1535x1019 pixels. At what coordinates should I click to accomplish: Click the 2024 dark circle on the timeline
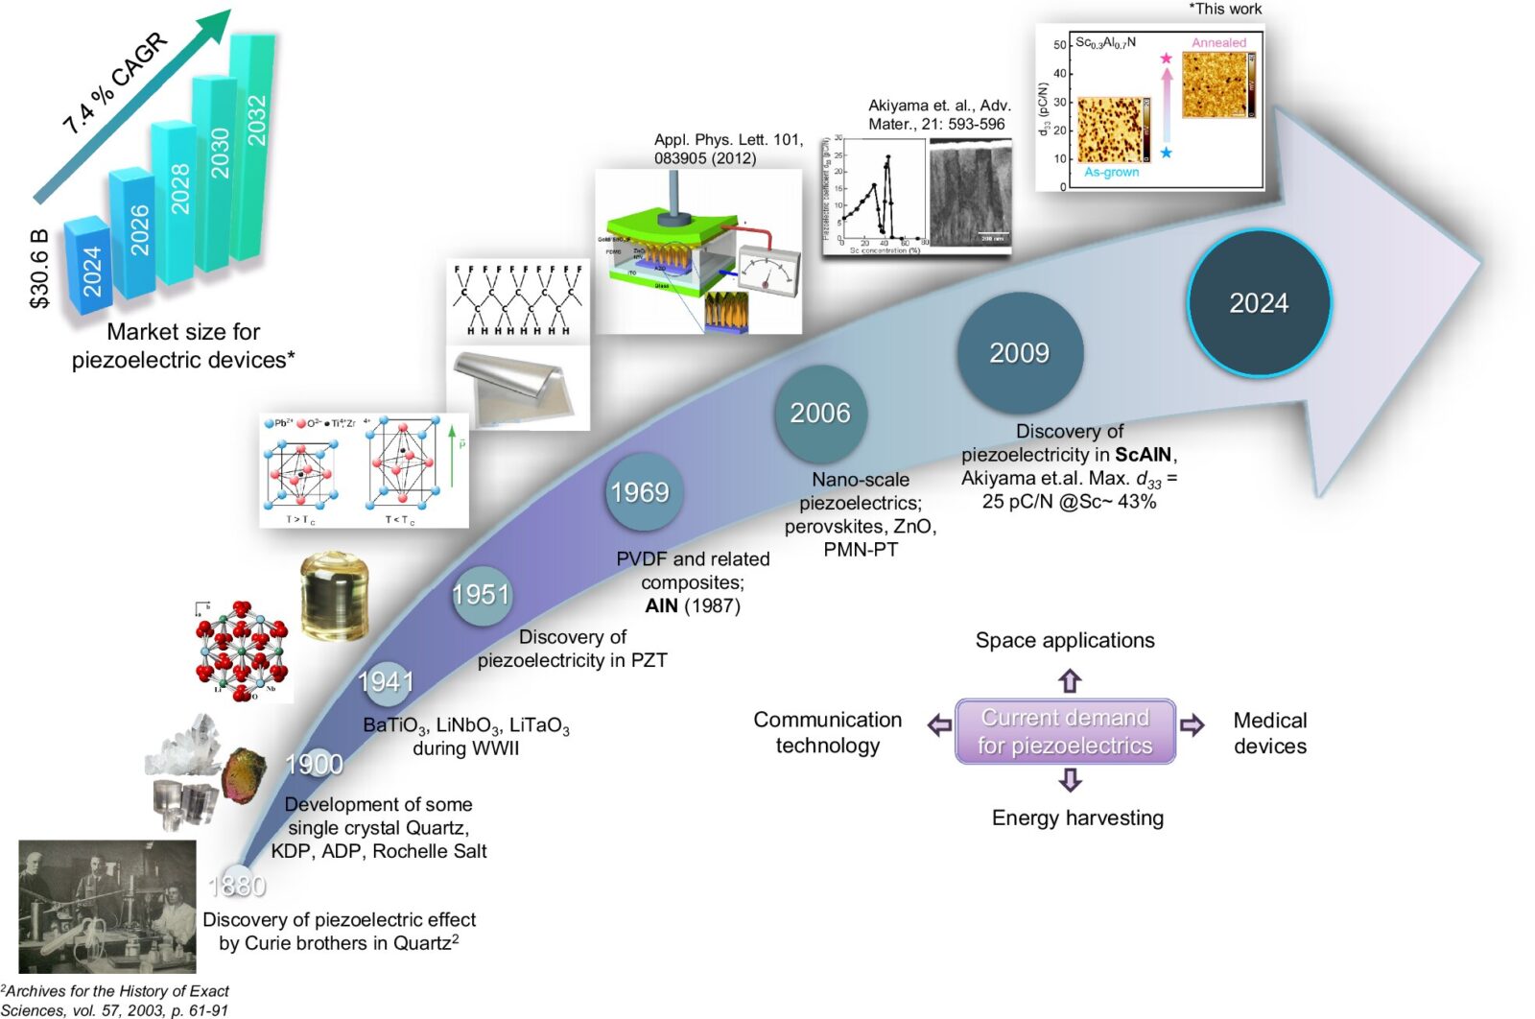1259,303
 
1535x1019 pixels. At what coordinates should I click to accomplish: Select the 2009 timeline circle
1019,353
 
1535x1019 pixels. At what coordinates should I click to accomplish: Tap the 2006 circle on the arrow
820,413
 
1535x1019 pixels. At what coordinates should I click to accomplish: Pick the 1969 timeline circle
640,492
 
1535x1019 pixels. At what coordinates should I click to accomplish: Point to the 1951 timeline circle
481,595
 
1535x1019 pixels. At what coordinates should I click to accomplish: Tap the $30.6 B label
38,269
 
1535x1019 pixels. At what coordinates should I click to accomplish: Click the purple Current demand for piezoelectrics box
1065,731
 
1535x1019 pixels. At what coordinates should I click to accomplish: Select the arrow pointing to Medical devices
1193,725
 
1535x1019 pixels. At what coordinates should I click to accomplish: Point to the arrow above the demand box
1070,681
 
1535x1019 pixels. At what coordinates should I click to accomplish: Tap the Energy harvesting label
1077,818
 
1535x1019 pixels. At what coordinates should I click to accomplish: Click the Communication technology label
827,732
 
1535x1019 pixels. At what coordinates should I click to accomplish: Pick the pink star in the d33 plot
1166,59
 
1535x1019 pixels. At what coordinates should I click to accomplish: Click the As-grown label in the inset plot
1111,173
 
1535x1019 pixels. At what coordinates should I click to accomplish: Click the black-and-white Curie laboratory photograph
107,907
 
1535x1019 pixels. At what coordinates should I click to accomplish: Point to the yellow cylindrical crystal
334,596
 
